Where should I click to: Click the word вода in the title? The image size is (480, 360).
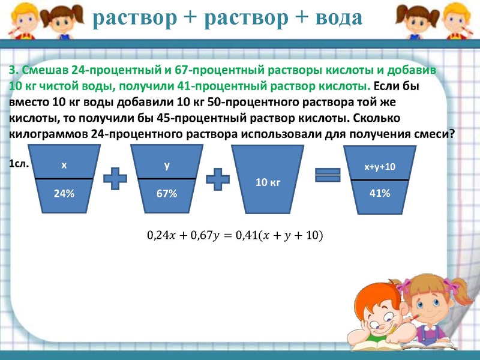click(332, 17)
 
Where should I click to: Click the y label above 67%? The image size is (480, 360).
click(167, 164)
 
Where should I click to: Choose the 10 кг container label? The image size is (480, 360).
click(268, 181)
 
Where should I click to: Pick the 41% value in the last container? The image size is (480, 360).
click(380, 193)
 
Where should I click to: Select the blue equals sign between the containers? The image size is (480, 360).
click(328, 175)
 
